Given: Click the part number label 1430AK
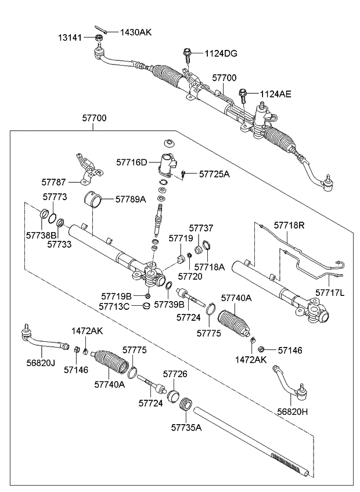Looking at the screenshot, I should [x=135, y=32].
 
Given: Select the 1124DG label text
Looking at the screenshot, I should [x=221, y=54].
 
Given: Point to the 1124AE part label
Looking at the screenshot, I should [x=275, y=93].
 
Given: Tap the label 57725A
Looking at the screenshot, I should [x=214, y=173].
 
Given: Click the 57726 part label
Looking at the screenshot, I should [x=175, y=374].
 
